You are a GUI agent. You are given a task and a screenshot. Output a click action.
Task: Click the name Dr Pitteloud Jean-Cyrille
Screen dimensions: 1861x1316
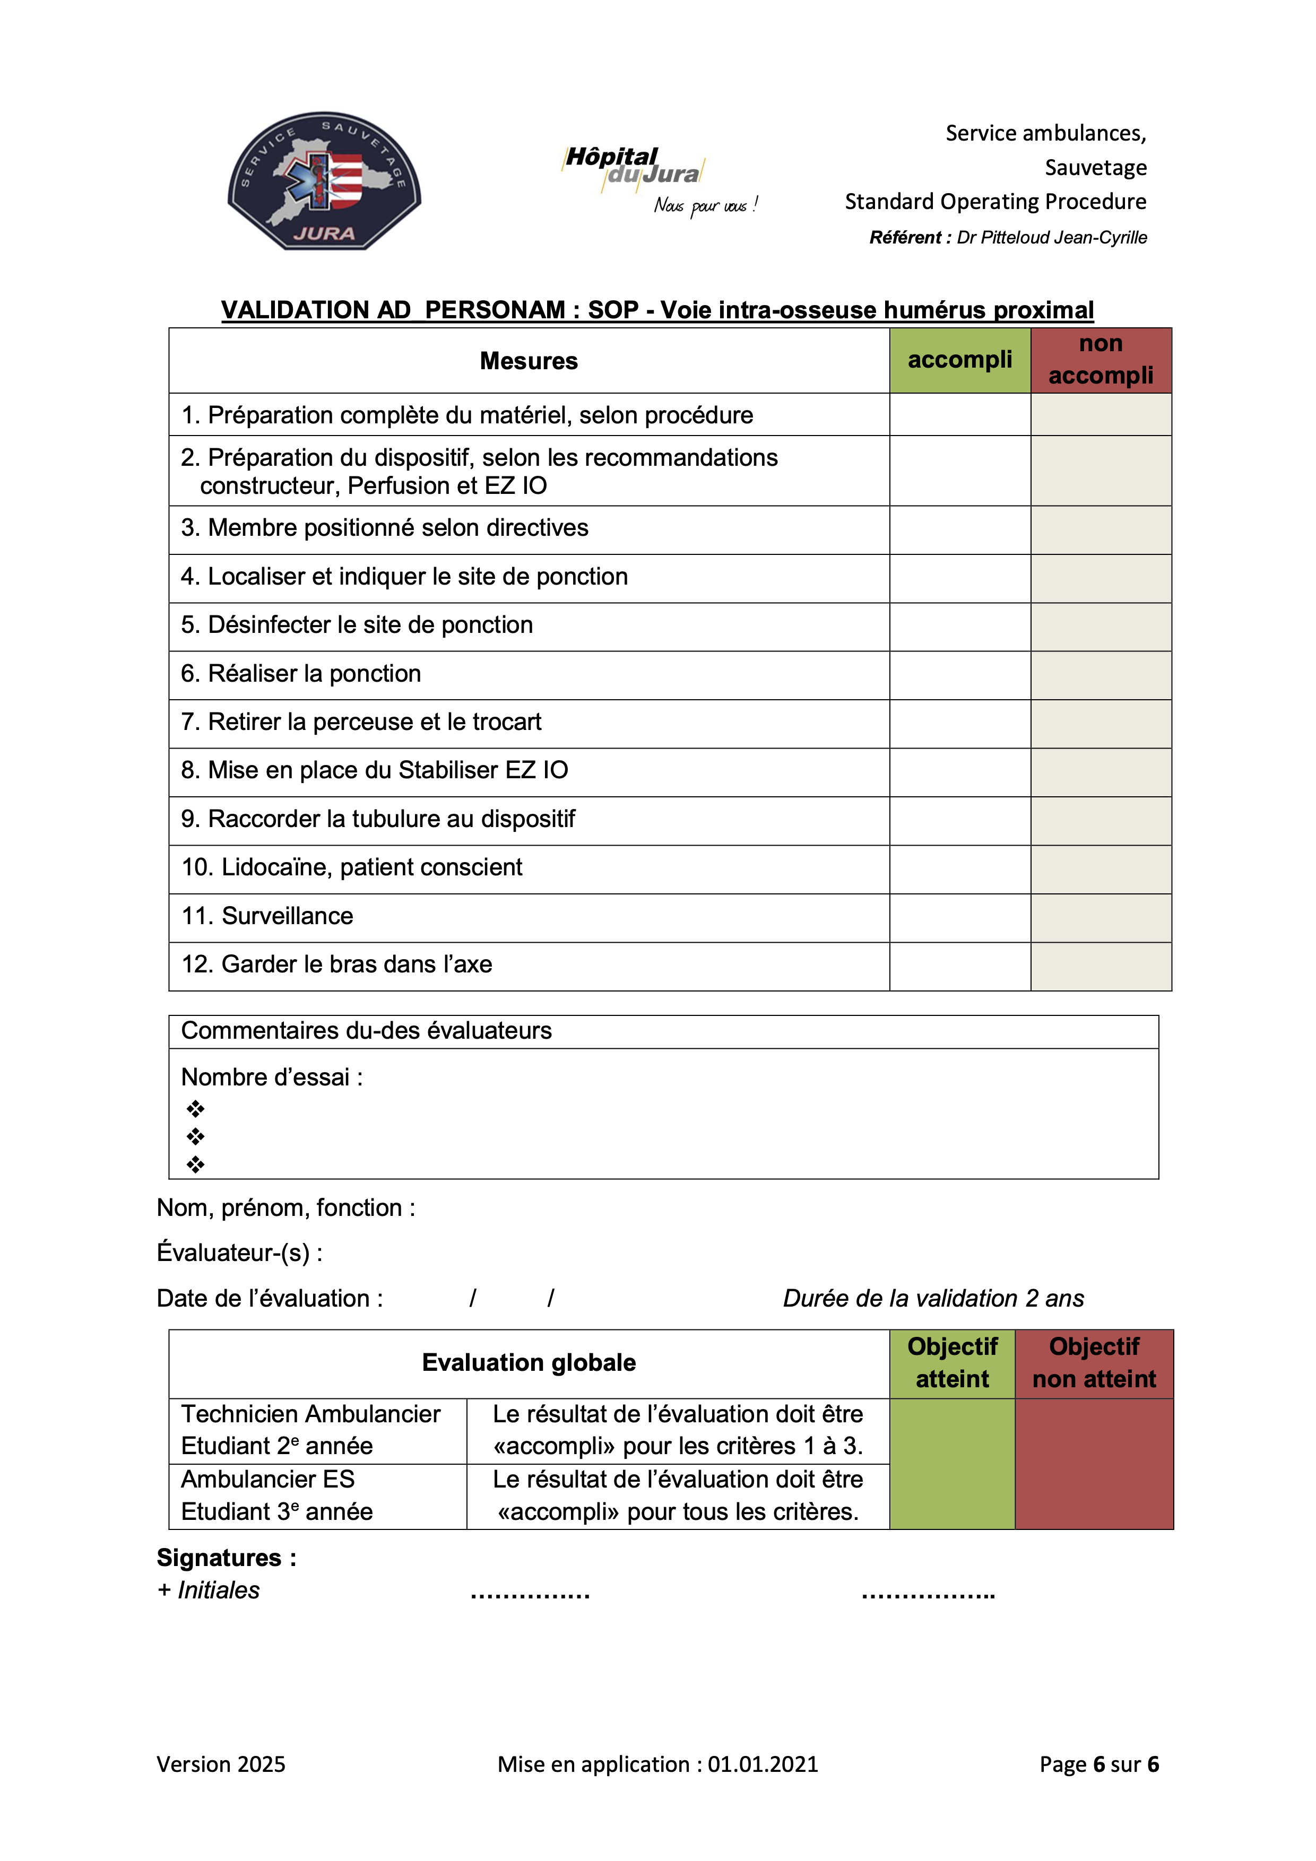[x=1052, y=238]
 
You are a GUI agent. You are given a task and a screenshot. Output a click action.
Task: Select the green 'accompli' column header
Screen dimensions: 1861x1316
[x=959, y=360]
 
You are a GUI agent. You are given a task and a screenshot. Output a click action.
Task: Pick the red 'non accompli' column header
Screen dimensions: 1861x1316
[x=1101, y=360]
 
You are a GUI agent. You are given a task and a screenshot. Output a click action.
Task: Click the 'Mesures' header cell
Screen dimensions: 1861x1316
[x=529, y=361]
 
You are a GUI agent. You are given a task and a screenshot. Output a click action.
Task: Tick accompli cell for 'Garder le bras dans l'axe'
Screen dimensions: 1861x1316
[x=959, y=966]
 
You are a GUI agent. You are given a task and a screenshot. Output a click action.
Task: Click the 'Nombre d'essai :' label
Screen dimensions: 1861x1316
[x=272, y=1077]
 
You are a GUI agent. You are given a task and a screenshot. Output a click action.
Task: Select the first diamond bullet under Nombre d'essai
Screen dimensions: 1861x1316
[x=195, y=1108]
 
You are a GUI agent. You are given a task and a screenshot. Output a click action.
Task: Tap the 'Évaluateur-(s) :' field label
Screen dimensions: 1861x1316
[x=240, y=1253]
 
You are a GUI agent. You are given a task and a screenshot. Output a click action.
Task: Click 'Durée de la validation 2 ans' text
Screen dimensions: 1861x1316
[x=932, y=1299]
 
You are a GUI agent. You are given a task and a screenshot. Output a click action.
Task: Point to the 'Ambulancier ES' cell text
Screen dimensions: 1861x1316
[x=267, y=1479]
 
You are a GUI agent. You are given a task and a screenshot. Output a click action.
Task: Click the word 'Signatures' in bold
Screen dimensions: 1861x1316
[x=219, y=1558]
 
